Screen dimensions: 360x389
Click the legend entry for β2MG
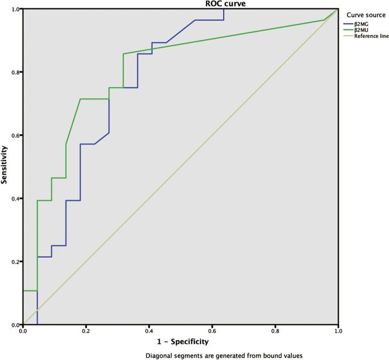point(365,23)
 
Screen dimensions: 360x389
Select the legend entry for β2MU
point(365,30)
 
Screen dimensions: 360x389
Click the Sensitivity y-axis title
point(5,167)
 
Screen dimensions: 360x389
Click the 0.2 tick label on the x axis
point(86,331)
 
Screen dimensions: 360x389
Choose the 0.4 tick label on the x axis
point(149,331)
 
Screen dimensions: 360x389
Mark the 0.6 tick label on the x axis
point(212,331)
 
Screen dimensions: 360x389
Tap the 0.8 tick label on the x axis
point(275,331)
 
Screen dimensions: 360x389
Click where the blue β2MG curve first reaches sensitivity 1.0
point(224,9)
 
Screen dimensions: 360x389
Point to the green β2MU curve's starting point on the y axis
point(23,291)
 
